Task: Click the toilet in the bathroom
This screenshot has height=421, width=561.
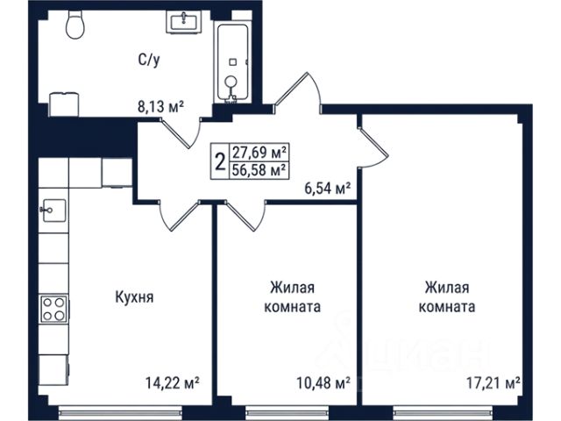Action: point(75,25)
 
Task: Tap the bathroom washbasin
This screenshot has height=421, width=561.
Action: point(183,22)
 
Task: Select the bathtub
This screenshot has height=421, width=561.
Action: point(233,63)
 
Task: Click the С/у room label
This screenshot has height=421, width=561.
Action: point(149,60)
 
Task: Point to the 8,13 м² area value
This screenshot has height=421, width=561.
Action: point(161,106)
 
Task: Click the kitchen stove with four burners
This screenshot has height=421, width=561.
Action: point(53,309)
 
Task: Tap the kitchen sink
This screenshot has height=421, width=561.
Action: point(53,210)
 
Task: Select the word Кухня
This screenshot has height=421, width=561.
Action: point(134,297)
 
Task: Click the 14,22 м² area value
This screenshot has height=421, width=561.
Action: point(172,382)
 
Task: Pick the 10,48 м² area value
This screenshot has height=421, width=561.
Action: point(323,383)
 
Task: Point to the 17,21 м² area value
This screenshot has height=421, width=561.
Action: point(493,383)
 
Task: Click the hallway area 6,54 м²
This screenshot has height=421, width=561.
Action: point(327,188)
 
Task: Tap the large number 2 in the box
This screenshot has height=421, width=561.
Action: point(221,161)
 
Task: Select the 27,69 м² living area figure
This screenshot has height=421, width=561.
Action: point(259,153)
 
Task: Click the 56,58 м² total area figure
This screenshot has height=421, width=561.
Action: point(259,169)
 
